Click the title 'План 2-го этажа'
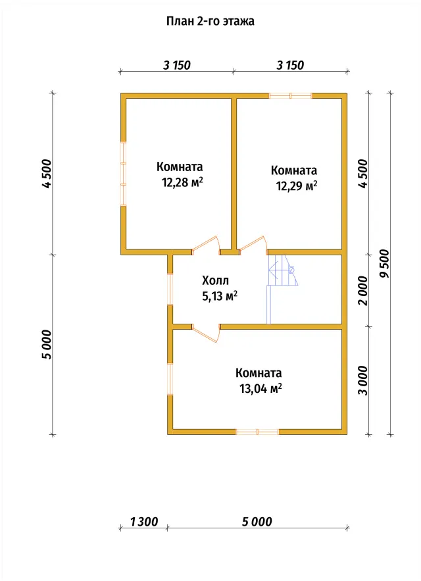[210, 21]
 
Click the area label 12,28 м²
[182, 183]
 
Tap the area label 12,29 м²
[297, 186]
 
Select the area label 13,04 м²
[260, 389]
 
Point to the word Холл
[215, 280]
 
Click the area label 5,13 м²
[220, 297]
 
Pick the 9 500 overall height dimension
[385, 263]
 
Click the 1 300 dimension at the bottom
[144, 522]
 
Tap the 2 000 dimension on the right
[364, 291]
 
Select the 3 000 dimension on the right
[364, 380]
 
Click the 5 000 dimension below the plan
[257, 522]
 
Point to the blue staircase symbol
[282, 289]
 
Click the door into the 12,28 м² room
[207, 245]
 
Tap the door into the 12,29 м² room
[253, 245]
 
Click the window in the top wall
[291, 95]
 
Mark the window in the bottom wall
[257, 432]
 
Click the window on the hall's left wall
[170, 289]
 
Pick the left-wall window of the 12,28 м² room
[124, 174]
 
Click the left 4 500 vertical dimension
[47, 174]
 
